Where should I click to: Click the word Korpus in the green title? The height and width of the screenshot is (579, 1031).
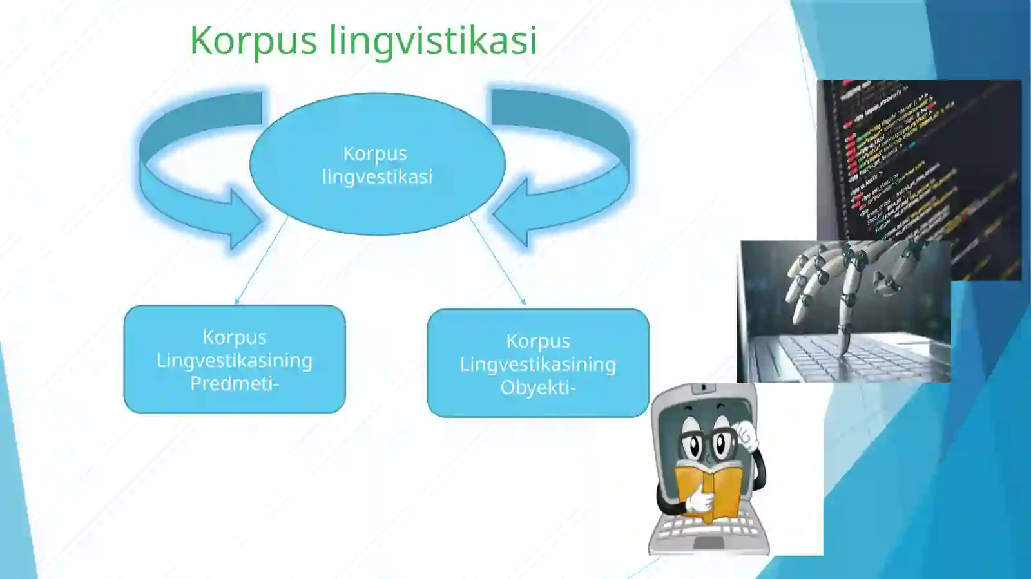[253, 41]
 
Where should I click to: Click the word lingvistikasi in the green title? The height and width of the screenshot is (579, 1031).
[433, 41]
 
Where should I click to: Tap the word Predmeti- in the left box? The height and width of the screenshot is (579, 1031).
[235, 384]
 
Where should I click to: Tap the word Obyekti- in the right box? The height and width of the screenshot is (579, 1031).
[537, 388]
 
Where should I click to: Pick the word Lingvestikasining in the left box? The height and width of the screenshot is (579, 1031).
[235, 360]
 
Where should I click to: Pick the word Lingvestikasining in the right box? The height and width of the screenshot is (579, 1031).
[537, 365]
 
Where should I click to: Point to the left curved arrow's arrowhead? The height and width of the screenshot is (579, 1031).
[245, 219]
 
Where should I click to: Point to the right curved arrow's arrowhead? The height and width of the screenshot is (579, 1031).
[512, 216]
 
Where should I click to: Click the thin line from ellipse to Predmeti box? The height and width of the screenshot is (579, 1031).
[261, 260]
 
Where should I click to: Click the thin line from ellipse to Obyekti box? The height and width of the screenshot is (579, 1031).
[497, 260]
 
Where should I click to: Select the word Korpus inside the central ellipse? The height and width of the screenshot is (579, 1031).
[375, 154]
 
